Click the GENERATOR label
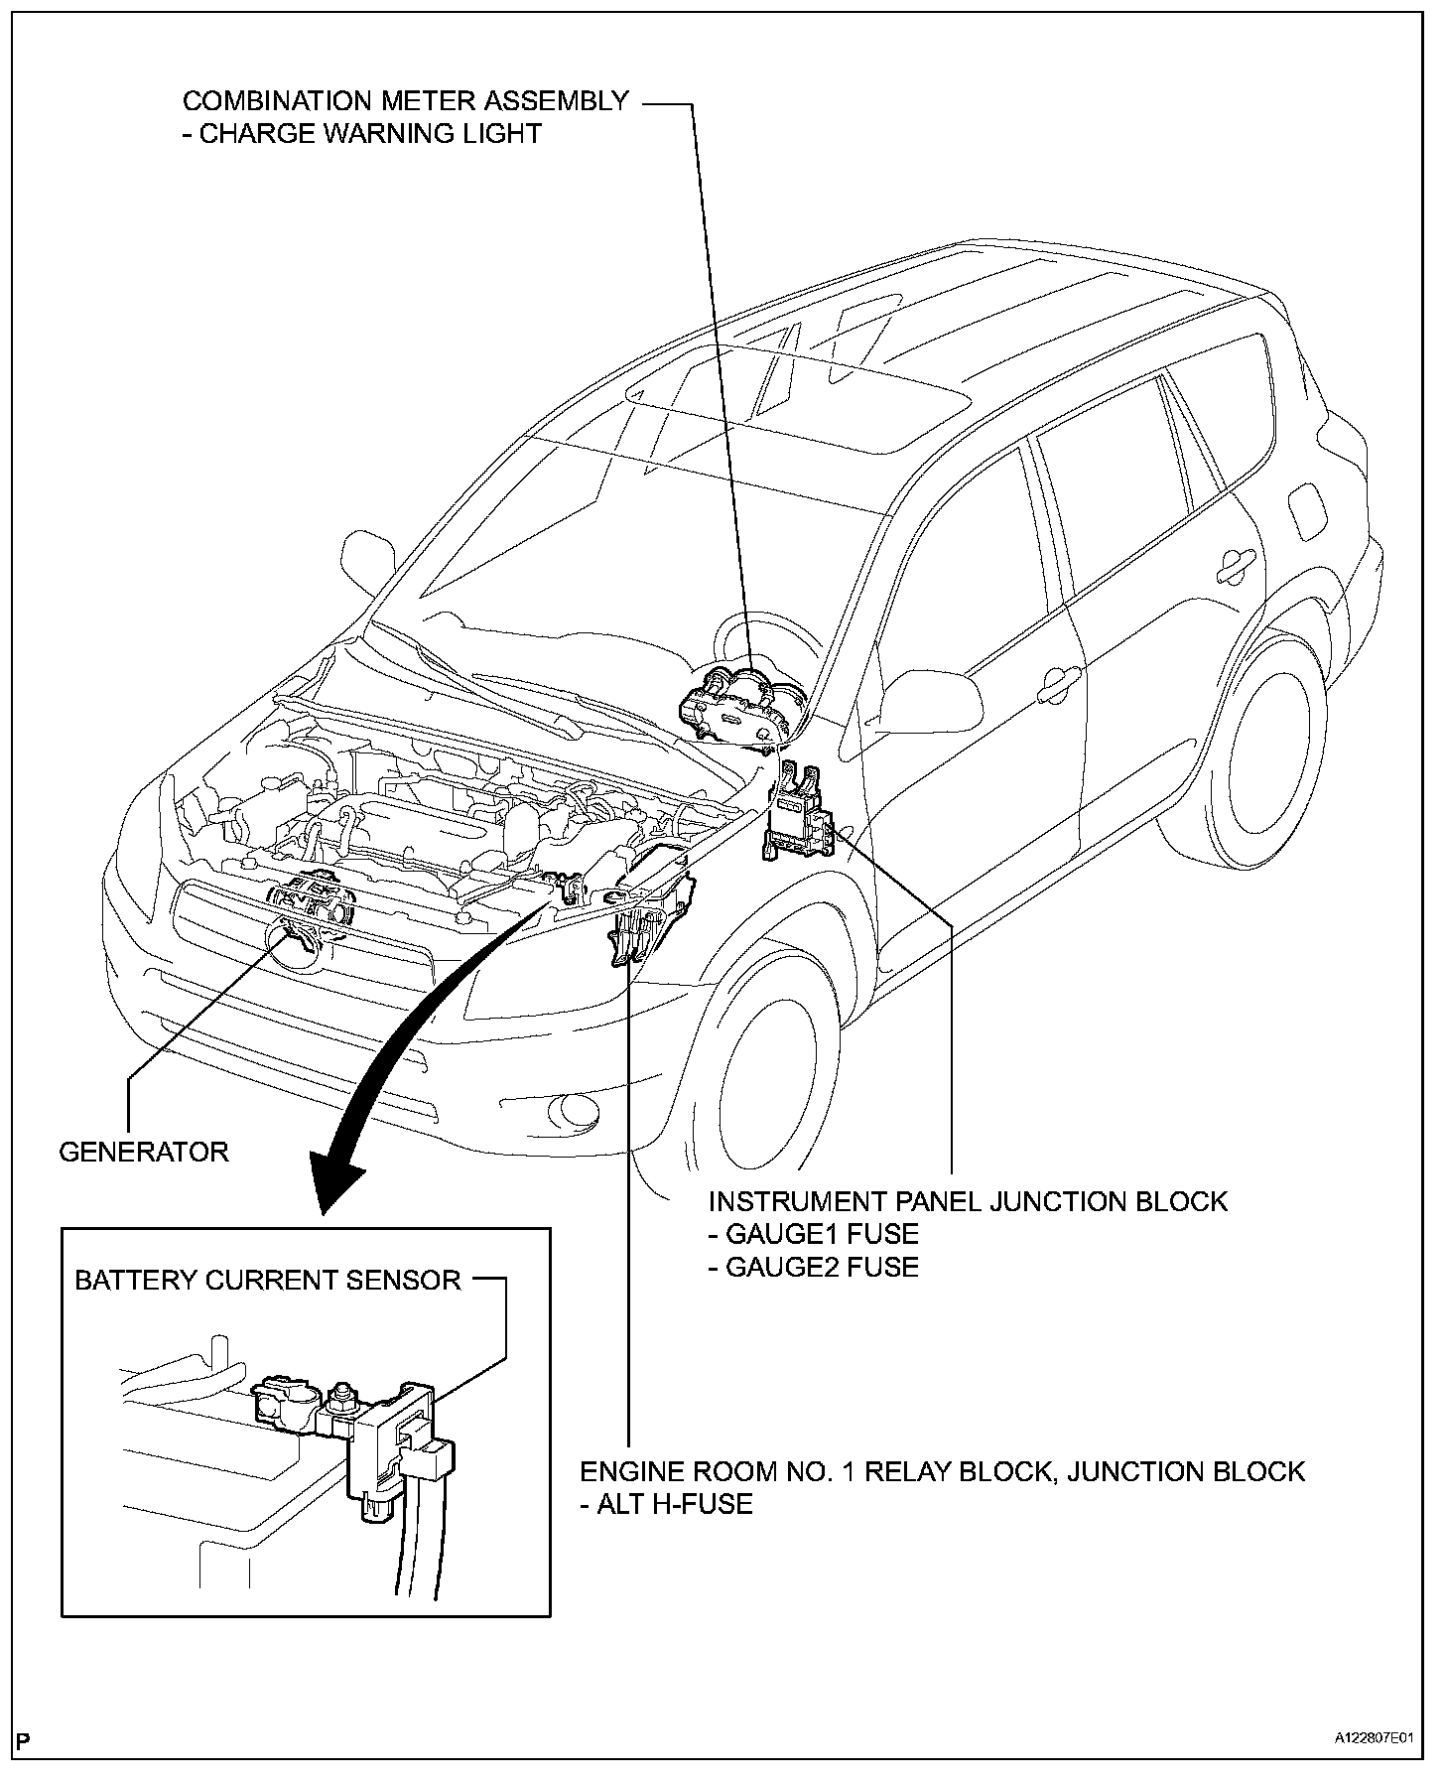144,1152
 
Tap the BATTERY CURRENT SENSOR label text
268,1280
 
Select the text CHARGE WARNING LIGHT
370,134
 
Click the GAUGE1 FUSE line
813,1234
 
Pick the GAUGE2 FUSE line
813,1267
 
